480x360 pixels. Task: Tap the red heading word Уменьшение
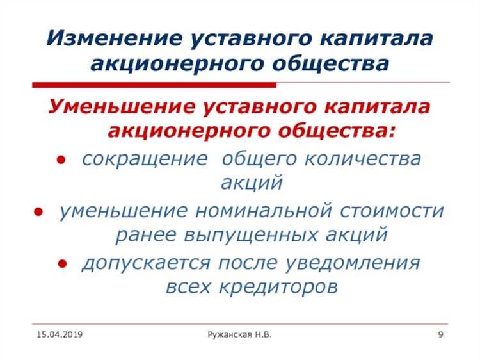tap(116, 106)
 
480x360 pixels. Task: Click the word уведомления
tap(353, 263)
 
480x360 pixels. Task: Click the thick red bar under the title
tap(154, 85)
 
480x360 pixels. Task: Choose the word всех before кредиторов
tap(187, 287)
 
